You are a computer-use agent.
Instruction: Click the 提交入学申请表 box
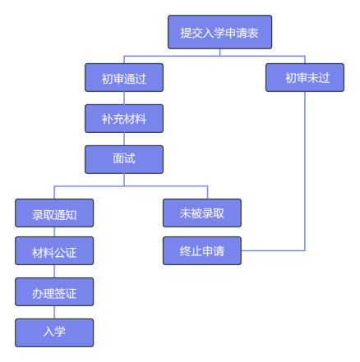pyautogui.click(x=219, y=32)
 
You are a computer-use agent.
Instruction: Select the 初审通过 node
pyautogui.click(x=124, y=77)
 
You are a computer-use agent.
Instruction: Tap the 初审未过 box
pyautogui.click(x=305, y=77)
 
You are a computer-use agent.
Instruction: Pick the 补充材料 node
pyautogui.click(x=124, y=118)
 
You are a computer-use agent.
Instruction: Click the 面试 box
pyautogui.click(x=124, y=159)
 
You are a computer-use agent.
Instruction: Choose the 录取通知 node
pyautogui.click(x=54, y=213)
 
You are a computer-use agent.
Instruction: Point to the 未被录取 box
pyautogui.click(x=202, y=213)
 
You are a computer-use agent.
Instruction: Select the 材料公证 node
pyautogui.click(x=54, y=250)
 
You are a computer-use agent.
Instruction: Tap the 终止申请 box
pyautogui.click(x=202, y=250)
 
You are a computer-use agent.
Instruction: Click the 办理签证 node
pyautogui.click(x=54, y=291)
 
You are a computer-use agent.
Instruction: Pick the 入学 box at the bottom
pyautogui.click(x=54, y=332)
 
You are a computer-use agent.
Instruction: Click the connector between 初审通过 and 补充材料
pyautogui.click(x=124, y=98)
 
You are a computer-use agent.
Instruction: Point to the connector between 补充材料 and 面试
pyautogui.click(x=124, y=139)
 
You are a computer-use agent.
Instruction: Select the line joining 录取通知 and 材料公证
pyautogui.click(x=54, y=231)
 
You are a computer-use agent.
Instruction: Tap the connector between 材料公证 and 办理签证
pyautogui.click(x=54, y=271)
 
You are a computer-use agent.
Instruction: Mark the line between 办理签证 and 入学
pyautogui.click(x=54, y=312)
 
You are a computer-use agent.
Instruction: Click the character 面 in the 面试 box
pyautogui.click(x=118, y=158)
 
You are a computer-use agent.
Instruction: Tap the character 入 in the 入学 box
pyautogui.click(x=48, y=332)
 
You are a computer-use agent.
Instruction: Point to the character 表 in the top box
pyautogui.click(x=252, y=33)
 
